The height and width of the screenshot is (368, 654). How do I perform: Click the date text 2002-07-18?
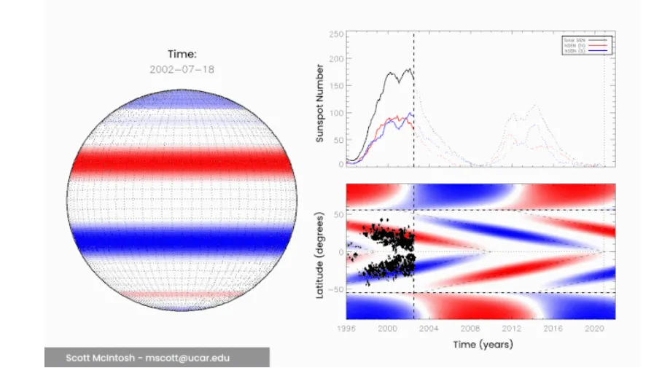pos(182,70)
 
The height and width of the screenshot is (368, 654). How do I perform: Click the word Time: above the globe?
pos(182,54)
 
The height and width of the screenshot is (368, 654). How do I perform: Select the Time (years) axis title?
pos(482,343)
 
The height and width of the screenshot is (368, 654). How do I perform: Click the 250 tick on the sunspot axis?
pos(335,34)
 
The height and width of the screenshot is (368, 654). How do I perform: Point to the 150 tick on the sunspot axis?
pos(335,87)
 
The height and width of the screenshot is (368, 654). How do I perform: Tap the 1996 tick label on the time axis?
pos(346,329)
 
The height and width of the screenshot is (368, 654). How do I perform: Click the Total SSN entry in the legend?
pos(575,39)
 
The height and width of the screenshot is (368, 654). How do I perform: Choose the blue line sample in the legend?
pos(598,50)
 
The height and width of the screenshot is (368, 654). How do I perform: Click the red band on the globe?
pos(182,162)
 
